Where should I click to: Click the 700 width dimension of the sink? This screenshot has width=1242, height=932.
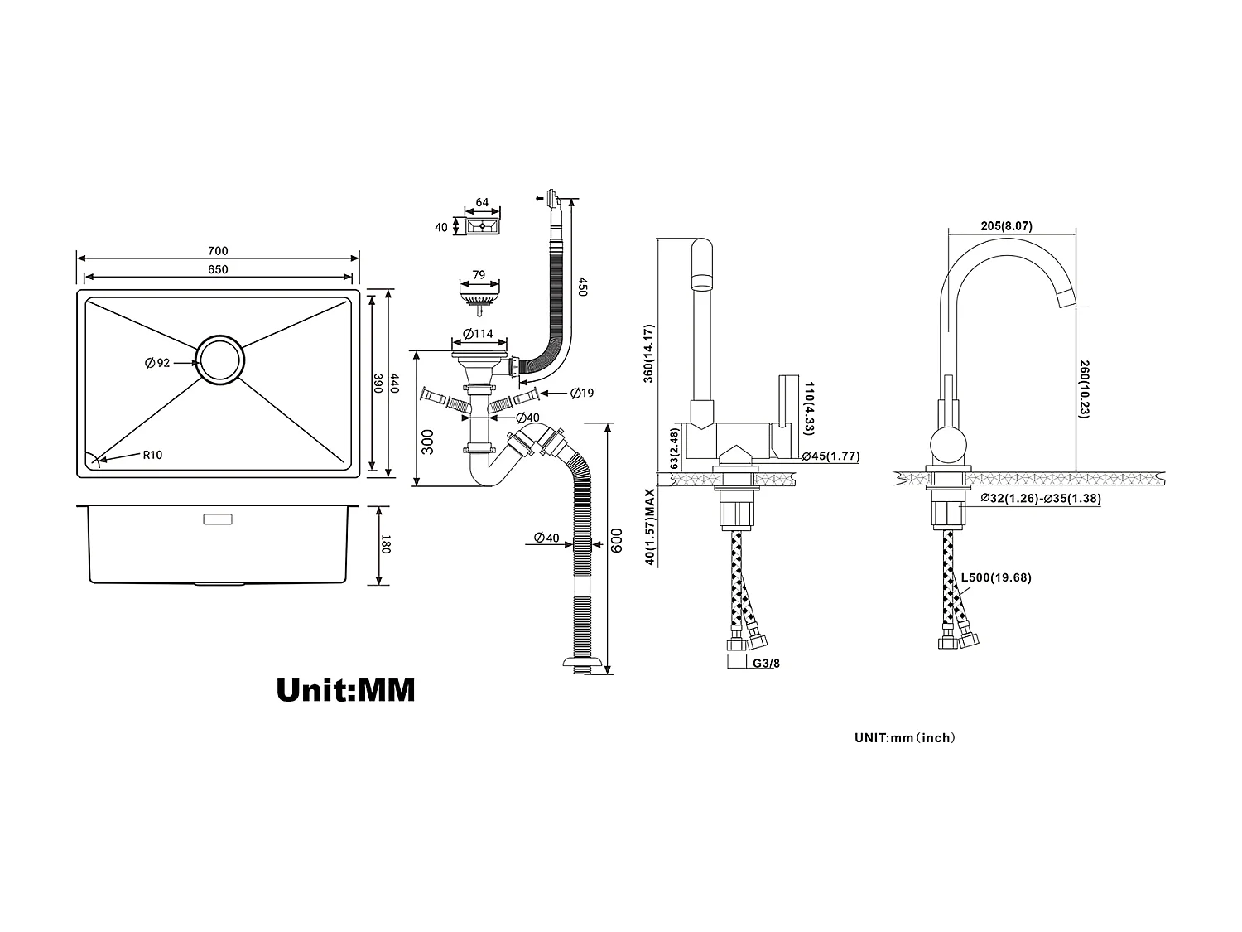[x=218, y=251]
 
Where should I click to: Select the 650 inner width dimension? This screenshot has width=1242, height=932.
[x=218, y=269]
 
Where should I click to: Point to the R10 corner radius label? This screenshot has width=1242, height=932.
[x=152, y=454]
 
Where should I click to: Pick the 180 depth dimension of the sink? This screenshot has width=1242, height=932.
[x=384, y=545]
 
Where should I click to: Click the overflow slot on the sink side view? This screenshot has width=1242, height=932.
[x=219, y=519]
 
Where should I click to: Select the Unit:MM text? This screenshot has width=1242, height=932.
[x=345, y=689]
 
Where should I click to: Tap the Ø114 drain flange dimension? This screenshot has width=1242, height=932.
[x=478, y=334]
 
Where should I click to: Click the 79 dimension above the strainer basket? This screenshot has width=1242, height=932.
[x=479, y=274]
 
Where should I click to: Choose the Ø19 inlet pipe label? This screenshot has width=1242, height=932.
[x=581, y=393]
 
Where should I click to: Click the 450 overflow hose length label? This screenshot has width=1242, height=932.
[x=582, y=287]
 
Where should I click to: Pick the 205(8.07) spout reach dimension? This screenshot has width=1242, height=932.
[x=1005, y=226]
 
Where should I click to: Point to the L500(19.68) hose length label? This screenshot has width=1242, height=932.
[x=995, y=578]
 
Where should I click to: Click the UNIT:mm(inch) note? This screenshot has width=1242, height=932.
[x=904, y=737]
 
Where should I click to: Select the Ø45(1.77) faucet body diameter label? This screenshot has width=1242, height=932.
[x=830, y=456]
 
